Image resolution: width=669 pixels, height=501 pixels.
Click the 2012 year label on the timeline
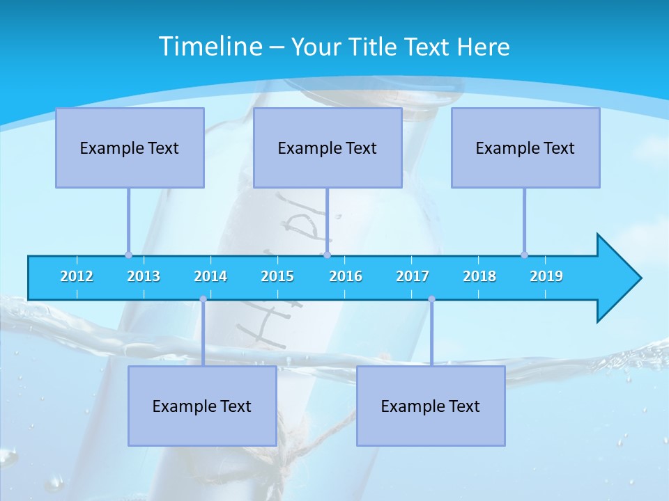click(77, 276)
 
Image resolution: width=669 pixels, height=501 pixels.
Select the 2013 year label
click(144, 276)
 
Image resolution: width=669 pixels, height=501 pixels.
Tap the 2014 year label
click(210, 276)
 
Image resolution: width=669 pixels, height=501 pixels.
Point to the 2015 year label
click(277, 276)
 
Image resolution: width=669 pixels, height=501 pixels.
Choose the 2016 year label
click(346, 276)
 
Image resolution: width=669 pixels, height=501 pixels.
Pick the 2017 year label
click(413, 276)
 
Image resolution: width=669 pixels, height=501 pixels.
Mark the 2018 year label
click(479, 276)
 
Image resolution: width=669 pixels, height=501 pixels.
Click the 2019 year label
click(546, 276)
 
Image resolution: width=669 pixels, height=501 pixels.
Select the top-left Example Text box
click(130, 148)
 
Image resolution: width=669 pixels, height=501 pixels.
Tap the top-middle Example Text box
click(328, 148)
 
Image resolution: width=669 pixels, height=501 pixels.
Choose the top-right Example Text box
click(525, 148)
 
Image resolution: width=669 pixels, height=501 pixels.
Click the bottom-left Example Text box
click(202, 406)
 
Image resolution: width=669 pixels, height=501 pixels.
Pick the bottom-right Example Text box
click(431, 406)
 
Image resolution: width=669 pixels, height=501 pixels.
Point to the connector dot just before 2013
click(128, 255)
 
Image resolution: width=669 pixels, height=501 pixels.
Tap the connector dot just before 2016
click(327, 255)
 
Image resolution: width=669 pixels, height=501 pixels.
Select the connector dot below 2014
click(203, 299)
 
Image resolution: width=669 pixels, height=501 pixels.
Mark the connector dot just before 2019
click(524, 255)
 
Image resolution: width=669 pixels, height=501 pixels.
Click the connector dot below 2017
click(431, 299)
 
